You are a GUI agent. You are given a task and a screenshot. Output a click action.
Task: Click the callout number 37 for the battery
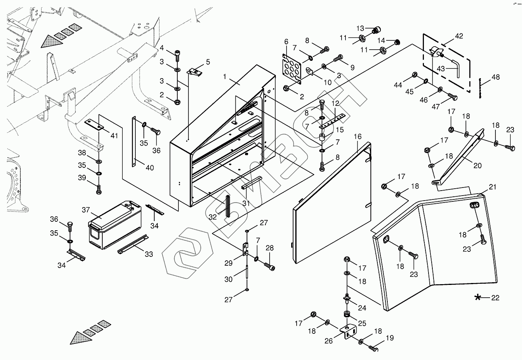coord(86,210)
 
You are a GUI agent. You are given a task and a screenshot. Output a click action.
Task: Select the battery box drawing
coord(115,224)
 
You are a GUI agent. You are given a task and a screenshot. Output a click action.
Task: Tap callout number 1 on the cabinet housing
coord(225,77)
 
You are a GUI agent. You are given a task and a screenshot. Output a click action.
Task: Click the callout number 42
coord(459,36)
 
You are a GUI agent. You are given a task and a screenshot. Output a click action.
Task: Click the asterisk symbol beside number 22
coord(478,298)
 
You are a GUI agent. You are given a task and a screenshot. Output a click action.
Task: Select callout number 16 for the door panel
coord(357,136)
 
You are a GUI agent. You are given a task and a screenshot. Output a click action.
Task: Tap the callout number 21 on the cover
coord(492,187)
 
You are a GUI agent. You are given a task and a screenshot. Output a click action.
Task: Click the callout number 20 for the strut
coord(477,166)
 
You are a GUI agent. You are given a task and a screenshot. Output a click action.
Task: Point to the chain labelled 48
coord(480,89)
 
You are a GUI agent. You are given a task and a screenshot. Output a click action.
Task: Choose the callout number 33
coord(149,254)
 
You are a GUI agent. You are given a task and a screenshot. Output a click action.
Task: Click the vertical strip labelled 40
coord(134,142)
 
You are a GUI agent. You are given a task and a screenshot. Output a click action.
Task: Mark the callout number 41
coord(114,136)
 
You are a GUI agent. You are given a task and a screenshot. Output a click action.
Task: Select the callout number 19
coord(390,338)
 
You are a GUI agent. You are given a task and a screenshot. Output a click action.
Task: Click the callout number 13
coord(360,28)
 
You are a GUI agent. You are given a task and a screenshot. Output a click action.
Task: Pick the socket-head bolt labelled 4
coord(177,55)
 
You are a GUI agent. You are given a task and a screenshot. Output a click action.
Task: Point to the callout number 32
coord(212,217)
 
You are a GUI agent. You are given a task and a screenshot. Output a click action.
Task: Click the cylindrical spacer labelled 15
coord(322,137)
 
